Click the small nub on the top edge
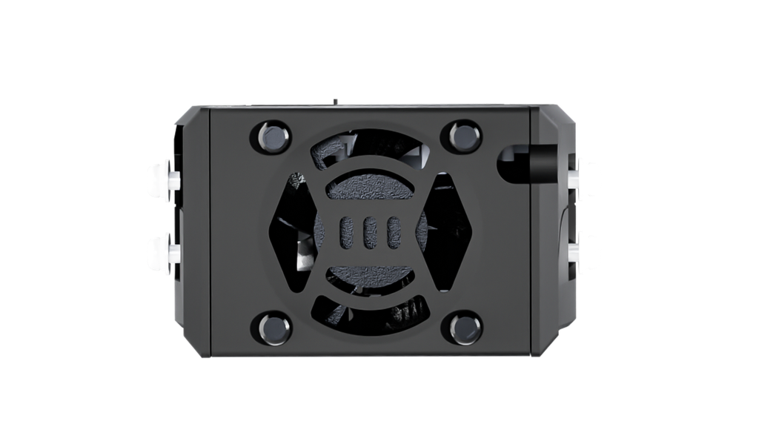(335, 101)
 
